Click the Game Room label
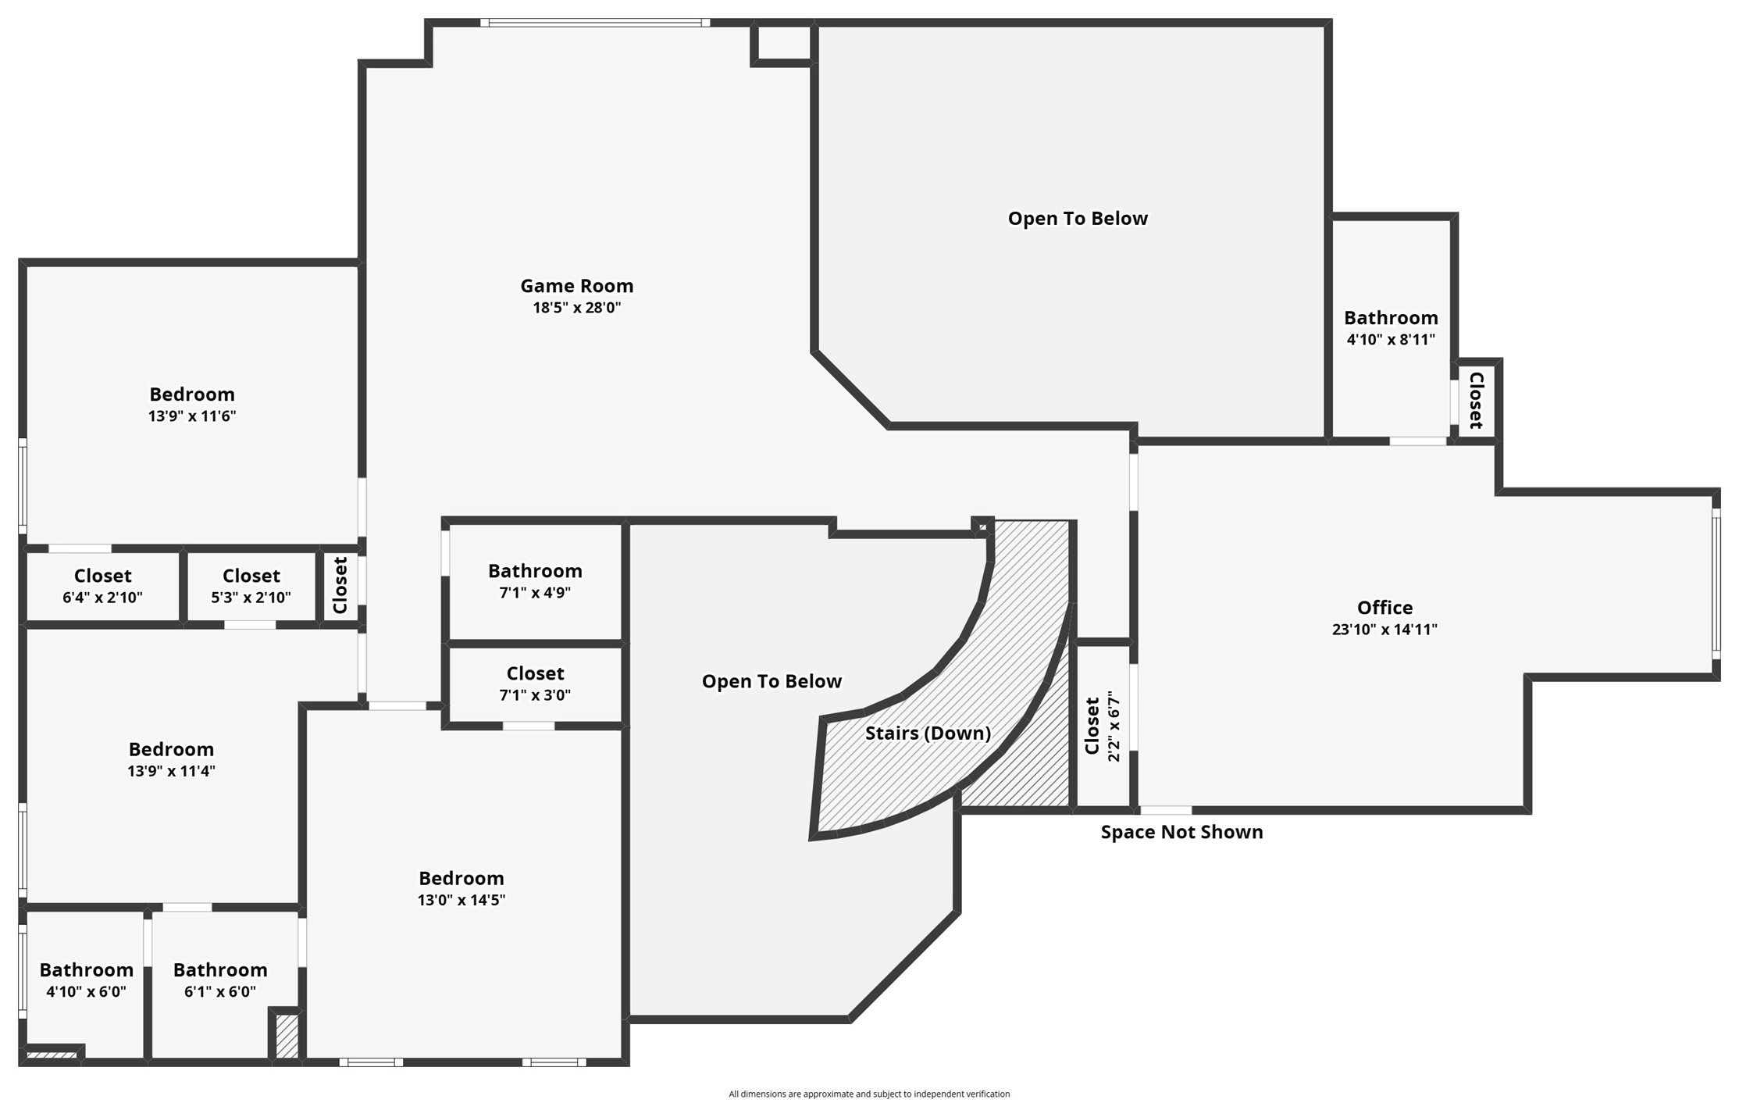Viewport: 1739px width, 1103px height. [x=576, y=286]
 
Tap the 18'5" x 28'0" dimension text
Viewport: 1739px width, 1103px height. [x=576, y=308]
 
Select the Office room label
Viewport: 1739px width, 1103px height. [x=1384, y=608]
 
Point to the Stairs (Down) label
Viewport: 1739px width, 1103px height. [x=927, y=734]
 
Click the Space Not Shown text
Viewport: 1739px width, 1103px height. [x=1181, y=832]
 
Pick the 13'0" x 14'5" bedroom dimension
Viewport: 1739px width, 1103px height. [x=461, y=900]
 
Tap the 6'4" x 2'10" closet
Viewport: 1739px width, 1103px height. [x=102, y=586]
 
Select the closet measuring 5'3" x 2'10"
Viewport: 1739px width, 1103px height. [x=251, y=586]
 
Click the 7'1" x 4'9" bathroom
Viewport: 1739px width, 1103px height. [x=535, y=581]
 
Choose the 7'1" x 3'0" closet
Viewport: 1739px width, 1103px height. [x=535, y=684]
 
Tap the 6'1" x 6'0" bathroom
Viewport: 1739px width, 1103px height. [x=220, y=980]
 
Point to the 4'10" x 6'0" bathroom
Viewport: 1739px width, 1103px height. [x=86, y=980]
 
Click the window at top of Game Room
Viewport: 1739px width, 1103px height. [x=595, y=23]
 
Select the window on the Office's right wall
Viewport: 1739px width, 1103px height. [x=1716, y=584]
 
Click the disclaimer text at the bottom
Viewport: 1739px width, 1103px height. [x=868, y=1094]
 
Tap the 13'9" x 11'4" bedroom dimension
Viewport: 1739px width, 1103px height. [x=171, y=771]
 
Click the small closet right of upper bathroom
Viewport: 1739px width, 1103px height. [x=1475, y=401]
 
